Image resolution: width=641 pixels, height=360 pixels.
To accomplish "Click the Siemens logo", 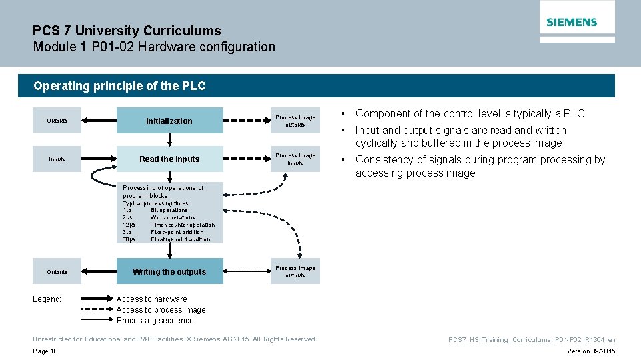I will tap(572, 22).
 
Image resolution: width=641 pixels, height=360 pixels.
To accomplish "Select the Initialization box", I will tap(169, 121).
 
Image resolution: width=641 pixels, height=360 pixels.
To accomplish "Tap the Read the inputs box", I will tap(169, 159).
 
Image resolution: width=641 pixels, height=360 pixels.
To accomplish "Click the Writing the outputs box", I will tap(169, 271).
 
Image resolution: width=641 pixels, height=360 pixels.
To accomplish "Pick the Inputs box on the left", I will tap(57, 159).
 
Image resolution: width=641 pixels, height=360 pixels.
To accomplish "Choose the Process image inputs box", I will tap(295, 159).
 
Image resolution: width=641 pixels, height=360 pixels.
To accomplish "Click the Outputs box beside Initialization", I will tap(57, 121).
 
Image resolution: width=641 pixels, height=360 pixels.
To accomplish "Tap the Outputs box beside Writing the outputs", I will tap(57, 271).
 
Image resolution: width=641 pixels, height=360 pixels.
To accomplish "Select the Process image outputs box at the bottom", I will tap(295, 271).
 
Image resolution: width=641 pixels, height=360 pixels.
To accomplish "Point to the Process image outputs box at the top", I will tap(295, 121).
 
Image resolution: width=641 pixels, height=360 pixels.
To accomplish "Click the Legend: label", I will tap(47, 299).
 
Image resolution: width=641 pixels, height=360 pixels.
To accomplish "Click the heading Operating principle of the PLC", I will tap(119, 86).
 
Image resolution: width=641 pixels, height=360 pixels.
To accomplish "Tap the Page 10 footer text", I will tap(45, 351).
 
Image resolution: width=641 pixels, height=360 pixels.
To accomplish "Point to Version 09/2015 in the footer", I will tap(591, 351).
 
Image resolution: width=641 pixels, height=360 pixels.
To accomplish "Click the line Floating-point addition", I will tap(180, 239).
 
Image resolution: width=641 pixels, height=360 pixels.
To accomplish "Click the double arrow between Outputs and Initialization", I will tap(99, 121).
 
